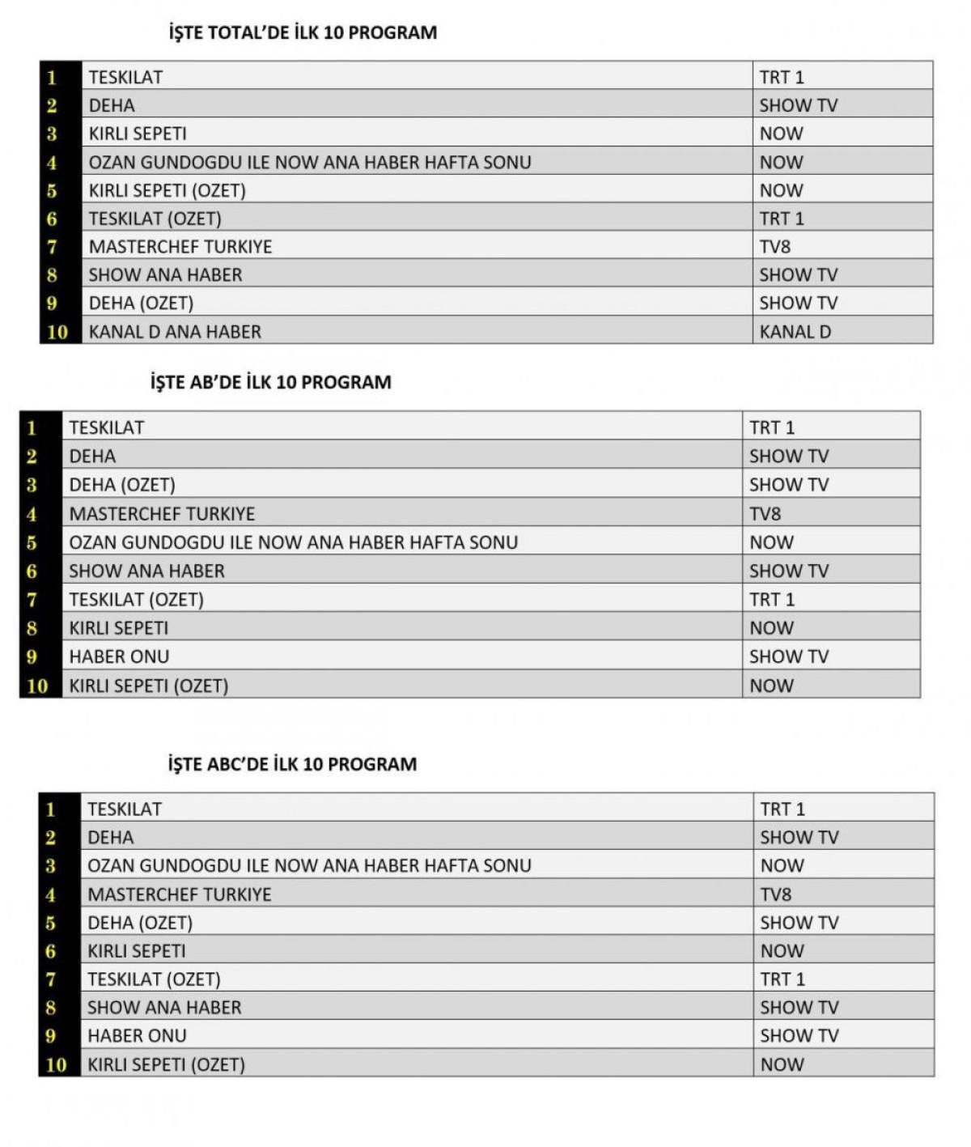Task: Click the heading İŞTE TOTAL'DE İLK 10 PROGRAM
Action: coord(303,33)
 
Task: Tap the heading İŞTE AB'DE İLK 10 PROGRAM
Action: coord(270,382)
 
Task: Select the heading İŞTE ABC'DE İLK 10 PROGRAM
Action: coord(292,764)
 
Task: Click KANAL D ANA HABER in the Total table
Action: coord(175,332)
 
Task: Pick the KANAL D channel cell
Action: coord(795,332)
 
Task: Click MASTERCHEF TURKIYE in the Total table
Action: coord(180,247)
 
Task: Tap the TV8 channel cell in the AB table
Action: coord(765,514)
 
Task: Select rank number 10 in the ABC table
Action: coord(56,1064)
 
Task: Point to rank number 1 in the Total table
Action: coord(52,78)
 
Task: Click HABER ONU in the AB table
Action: coord(119,656)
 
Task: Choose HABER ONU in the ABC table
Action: coord(137,1035)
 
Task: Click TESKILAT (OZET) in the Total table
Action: coord(155,219)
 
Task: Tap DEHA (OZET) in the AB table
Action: coord(122,485)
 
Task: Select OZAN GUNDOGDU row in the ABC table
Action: coord(309,865)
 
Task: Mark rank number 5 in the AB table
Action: coord(32,543)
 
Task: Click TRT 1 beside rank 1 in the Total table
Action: coord(782,78)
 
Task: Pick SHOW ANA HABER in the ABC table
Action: coord(164,1008)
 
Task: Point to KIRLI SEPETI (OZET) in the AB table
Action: coord(149,686)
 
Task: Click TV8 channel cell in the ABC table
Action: coord(775,894)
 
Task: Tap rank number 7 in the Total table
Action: coord(52,247)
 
